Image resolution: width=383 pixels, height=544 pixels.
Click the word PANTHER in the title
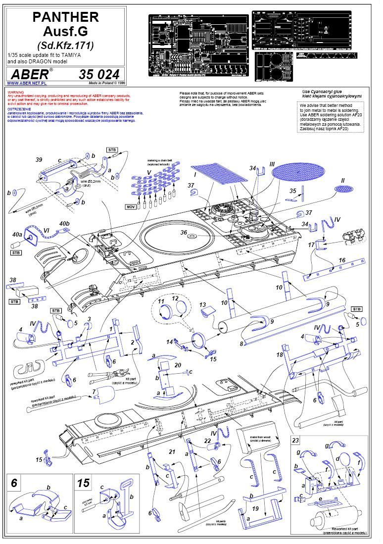click(66, 17)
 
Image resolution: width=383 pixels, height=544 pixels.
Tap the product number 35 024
click(99, 74)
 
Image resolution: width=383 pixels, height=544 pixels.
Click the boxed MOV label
click(131, 206)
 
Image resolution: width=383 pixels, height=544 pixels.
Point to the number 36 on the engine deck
click(184, 233)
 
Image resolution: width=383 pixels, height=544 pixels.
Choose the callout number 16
click(341, 260)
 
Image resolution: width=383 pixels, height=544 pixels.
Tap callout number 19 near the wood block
click(256, 508)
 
